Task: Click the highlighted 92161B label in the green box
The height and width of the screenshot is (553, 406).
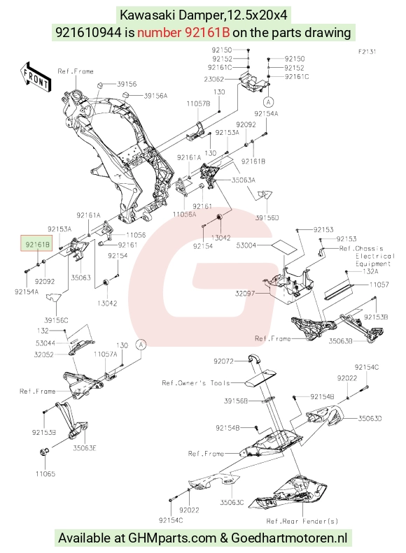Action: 36,244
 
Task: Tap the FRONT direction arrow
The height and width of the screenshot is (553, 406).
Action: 35,78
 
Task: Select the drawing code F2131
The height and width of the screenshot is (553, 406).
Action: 367,52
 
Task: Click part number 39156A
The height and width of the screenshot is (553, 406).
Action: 155,96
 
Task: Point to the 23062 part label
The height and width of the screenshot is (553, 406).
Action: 213,79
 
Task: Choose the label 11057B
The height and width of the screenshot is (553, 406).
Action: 198,103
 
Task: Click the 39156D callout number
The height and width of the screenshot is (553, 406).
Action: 267,217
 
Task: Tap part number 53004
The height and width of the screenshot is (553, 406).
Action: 246,245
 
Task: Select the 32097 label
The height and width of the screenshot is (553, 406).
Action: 245,293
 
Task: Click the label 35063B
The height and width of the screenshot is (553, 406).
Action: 341,341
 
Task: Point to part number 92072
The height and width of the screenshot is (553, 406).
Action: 223,361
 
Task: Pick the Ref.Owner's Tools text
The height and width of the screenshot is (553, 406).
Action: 196,383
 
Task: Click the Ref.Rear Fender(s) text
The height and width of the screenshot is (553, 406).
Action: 302,521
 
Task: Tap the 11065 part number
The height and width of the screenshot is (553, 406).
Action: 45,473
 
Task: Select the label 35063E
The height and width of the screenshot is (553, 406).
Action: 85,448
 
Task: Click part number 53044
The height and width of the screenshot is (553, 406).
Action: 45,343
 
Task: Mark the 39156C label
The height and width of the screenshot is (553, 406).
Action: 56,320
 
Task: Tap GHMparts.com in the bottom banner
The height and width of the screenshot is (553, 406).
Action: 172,538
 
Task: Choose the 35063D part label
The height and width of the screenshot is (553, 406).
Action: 370,418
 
